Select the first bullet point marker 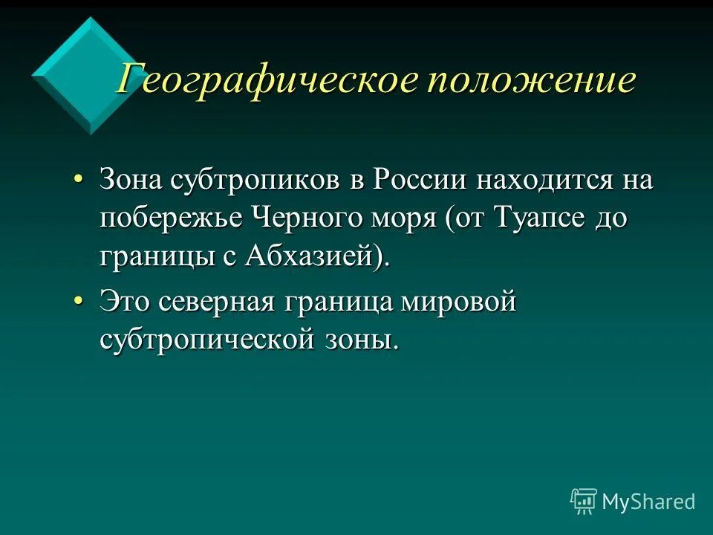point(79,181)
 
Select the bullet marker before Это point(79,303)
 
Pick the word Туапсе point(530,220)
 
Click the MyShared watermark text point(648,502)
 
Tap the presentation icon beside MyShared point(584,502)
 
